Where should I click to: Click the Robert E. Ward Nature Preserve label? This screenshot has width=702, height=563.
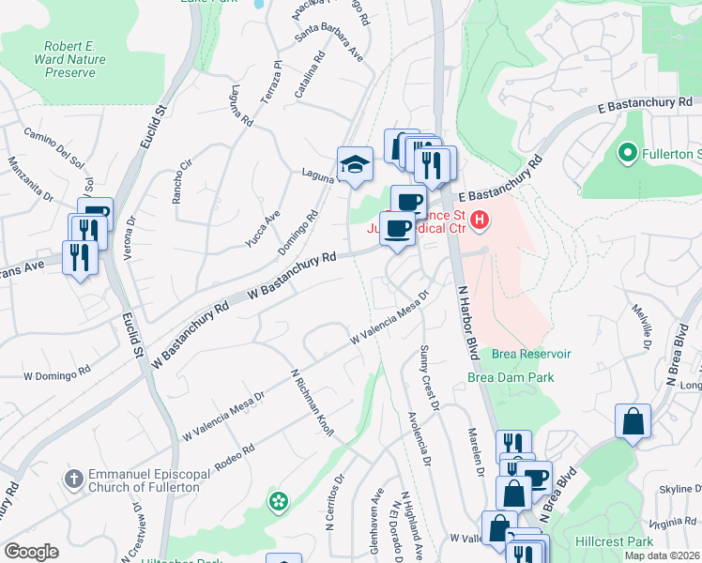(x=74, y=59)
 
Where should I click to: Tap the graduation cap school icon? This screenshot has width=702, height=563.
(x=355, y=165)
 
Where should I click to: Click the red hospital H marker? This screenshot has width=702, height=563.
(x=480, y=221)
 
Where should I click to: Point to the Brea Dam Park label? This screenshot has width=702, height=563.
(x=510, y=377)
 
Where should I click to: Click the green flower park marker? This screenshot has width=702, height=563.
(x=278, y=501)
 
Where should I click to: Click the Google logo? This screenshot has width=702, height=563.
(x=31, y=552)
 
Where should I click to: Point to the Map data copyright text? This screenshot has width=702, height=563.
(x=662, y=555)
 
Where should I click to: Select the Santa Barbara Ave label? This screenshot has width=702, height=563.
(x=329, y=47)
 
